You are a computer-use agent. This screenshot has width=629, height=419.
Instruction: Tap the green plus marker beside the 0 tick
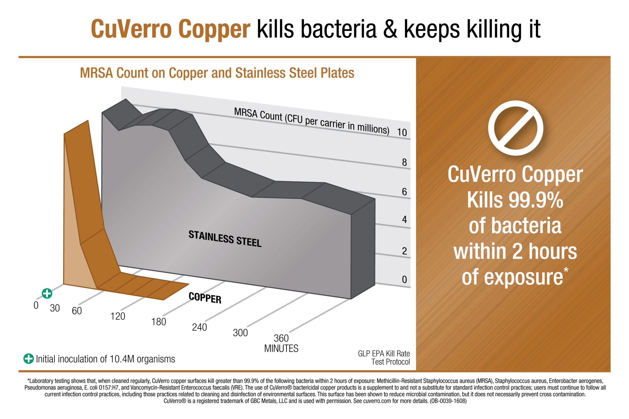[47, 293]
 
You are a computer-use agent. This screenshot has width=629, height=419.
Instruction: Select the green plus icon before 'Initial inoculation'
[29, 359]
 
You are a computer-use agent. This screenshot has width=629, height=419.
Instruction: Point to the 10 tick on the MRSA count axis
[402, 132]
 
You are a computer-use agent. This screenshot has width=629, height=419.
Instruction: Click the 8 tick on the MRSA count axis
[404, 162]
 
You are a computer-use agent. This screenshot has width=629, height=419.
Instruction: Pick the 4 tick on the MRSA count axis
[404, 219]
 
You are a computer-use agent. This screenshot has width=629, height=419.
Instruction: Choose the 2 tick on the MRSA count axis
[404, 251]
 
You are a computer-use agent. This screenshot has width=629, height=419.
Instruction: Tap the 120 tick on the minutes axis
[118, 316]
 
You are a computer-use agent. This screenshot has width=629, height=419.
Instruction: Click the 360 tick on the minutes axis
[281, 338]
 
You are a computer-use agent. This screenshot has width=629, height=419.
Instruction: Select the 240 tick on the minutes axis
[200, 327]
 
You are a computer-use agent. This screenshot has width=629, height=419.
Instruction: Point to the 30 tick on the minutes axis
[55, 308]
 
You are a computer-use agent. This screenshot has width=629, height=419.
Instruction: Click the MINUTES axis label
[281, 349]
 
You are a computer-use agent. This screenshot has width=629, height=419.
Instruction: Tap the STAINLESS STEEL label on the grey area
[225, 239]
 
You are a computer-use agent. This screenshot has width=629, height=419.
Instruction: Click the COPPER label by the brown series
[205, 298]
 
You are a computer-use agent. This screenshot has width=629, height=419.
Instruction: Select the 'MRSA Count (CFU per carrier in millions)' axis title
[312, 121]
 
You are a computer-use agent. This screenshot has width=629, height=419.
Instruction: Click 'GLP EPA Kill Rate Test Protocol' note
[384, 358]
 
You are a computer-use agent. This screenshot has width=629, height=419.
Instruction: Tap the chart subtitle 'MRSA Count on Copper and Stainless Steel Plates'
[217, 73]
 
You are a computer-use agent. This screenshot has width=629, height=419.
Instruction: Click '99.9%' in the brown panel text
[536, 200]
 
